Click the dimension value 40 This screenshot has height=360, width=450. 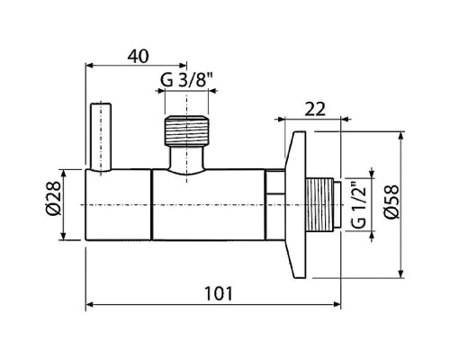pos(138,57)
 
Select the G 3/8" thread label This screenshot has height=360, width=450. pos(186,80)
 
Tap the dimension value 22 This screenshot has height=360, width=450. pos(315,110)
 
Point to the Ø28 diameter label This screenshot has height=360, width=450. pos(54,199)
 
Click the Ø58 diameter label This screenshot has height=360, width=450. pos(392,202)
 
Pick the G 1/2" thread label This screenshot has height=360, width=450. pos(358,204)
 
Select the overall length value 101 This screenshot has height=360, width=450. pos(219,293)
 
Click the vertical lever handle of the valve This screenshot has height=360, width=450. pos(101,138)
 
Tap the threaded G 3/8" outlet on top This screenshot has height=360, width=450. pos(186,130)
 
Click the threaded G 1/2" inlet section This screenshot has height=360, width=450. pos(319,204)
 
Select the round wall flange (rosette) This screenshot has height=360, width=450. pos(295,205)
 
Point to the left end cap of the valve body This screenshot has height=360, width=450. pos(118,204)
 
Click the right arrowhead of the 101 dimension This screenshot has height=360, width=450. pos(337,304)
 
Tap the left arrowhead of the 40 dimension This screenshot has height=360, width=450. pos(90,65)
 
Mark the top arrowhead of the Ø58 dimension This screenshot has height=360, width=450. pos(400,136)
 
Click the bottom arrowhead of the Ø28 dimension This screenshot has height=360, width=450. pos(63,236)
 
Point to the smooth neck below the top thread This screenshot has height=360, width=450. pos(186,159)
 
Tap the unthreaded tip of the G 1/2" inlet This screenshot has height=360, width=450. pos(337,204)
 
